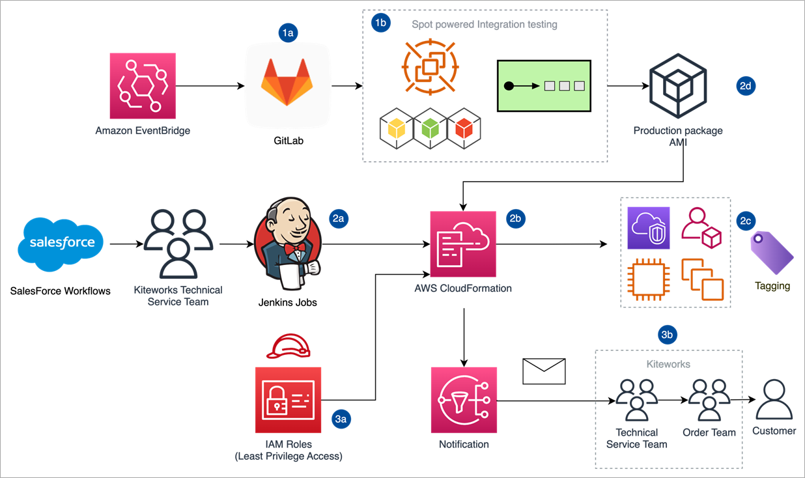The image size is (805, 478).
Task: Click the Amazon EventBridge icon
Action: tap(143, 85)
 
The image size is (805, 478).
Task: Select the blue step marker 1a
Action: tap(288, 34)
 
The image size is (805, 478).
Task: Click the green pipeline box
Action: tap(544, 85)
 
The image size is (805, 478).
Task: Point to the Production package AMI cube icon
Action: tap(677, 85)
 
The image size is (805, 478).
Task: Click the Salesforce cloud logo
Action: tap(63, 244)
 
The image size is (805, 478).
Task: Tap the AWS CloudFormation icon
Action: tap(463, 244)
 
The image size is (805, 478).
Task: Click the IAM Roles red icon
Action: tap(288, 400)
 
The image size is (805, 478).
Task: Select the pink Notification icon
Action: tap(463, 400)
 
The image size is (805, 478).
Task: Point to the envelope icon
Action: tap(544, 371)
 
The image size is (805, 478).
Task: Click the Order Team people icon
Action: tap(709, 400)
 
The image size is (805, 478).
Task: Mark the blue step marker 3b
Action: tap(668, 335)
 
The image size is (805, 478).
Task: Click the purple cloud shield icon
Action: tap(648, 228)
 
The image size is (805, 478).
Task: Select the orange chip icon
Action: tap(648, 279)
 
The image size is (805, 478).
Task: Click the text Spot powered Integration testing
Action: tap(484, 25)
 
